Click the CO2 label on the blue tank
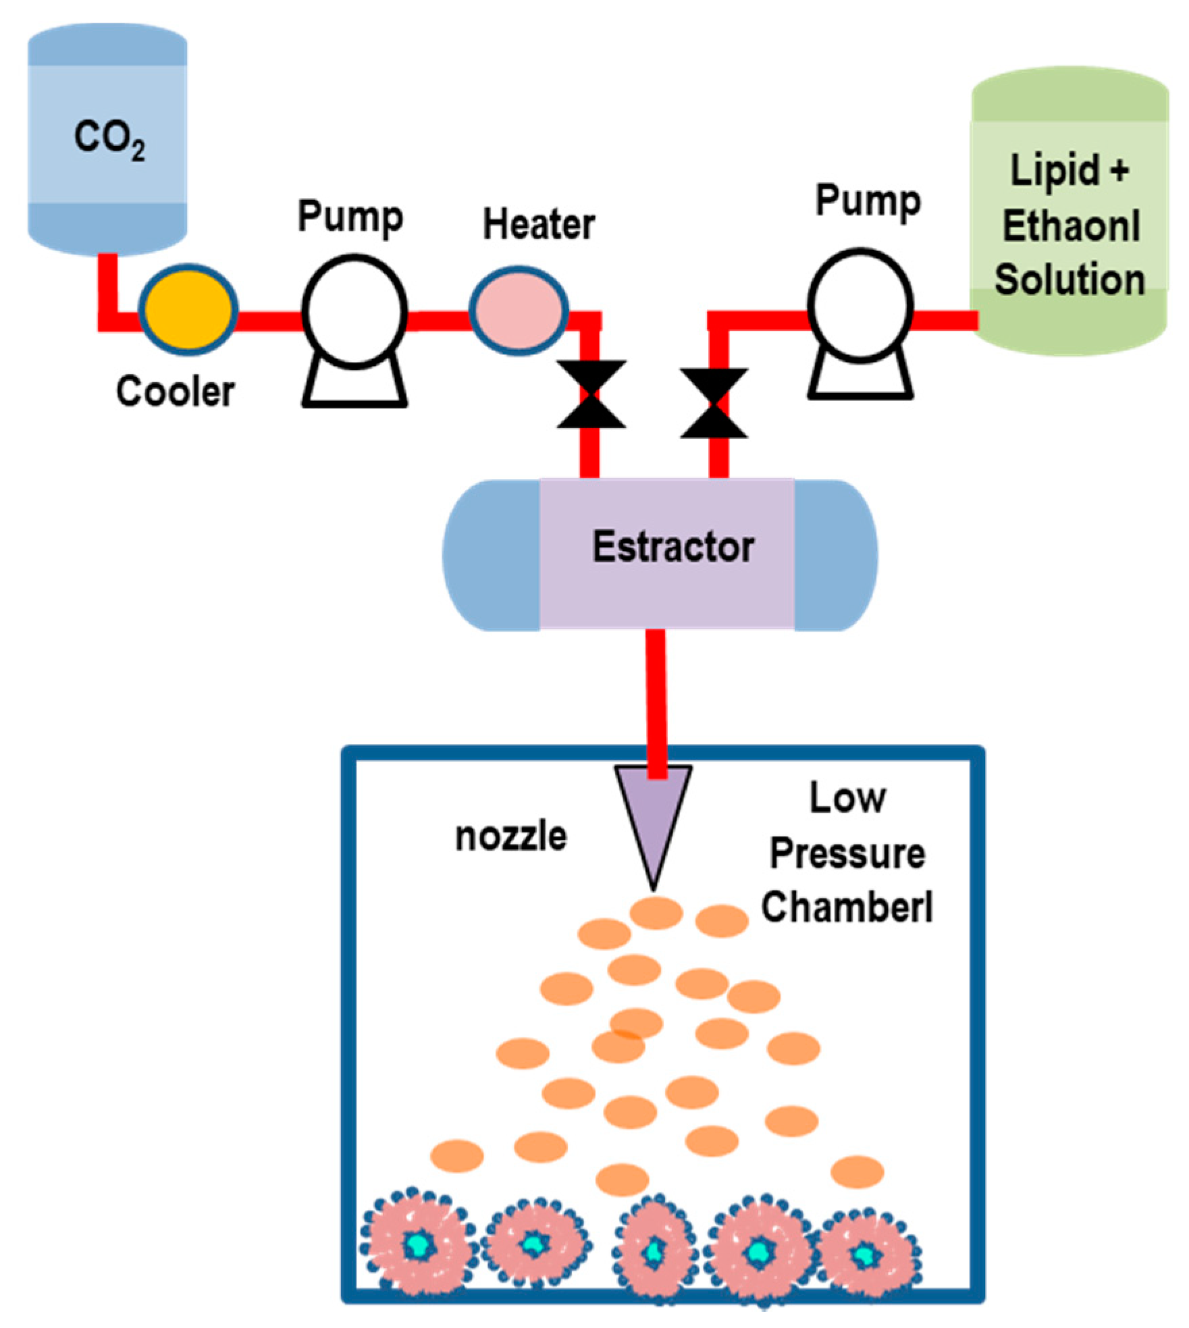[109, 139]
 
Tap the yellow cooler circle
[188, 309]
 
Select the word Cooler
[176, 391]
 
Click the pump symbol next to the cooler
[354, 331]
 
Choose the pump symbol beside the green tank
[861, 324]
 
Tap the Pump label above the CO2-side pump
[350, 217]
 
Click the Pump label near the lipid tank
[868, 201]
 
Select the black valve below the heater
[591, 394]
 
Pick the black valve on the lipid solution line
[714, 403]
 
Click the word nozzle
[511, 836]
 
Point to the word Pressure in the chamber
[847, 853]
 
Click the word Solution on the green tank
[1070, 280]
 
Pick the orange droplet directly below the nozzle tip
[656, 913]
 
